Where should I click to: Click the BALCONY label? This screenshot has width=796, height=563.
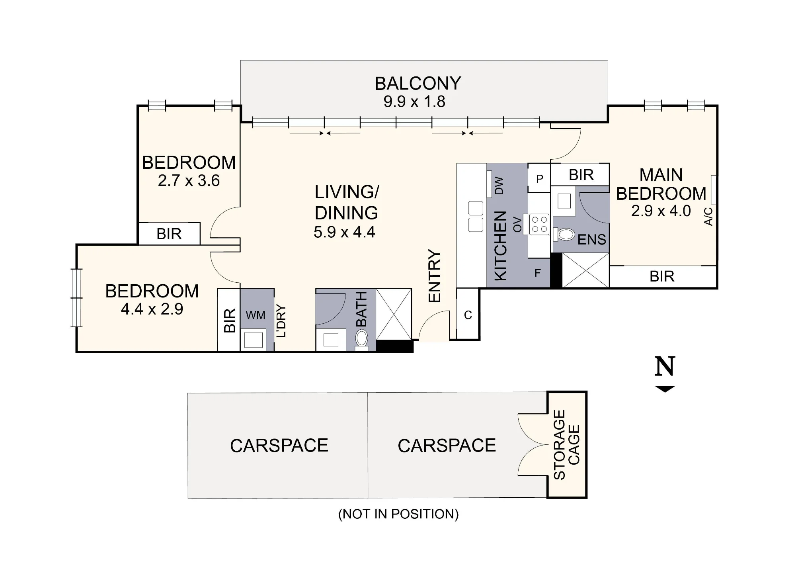click(418, 84)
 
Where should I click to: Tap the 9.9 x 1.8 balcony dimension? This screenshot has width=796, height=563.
click(414, 102)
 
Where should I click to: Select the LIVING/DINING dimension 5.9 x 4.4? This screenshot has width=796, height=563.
click(344, 232)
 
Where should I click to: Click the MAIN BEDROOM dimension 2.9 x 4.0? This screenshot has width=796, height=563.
click(661, 211)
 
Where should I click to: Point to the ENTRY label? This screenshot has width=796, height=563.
click(435, 276)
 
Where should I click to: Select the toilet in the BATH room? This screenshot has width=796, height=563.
click(362, 339)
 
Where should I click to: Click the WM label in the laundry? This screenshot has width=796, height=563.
click(255, 315)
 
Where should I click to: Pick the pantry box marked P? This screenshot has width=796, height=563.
click(539, 179)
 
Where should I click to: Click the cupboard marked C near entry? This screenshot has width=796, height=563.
click(468, 315)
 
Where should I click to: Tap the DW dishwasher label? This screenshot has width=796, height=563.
click(499, 186)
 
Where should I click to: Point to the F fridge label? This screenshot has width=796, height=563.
click(538, 273)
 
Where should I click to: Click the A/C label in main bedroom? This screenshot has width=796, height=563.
click(708, 216)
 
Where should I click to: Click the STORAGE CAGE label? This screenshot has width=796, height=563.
click(567, 444)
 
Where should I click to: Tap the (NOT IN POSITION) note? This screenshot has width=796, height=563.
click(398, 514)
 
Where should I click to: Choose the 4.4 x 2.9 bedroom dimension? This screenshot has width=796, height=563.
click(152, 309)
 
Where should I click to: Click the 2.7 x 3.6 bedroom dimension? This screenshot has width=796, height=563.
click(189, 181)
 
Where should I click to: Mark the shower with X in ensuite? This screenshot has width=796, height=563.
click(585, 270)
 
